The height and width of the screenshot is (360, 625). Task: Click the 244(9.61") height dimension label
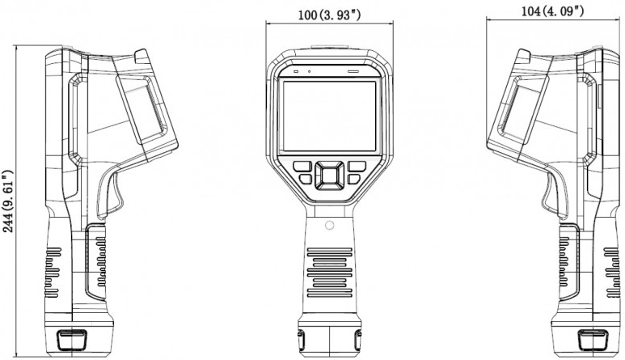(x=9, y=201)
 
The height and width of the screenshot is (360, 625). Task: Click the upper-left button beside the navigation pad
(x=304, y=165)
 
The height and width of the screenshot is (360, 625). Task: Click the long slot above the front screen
(x=353, y=72)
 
